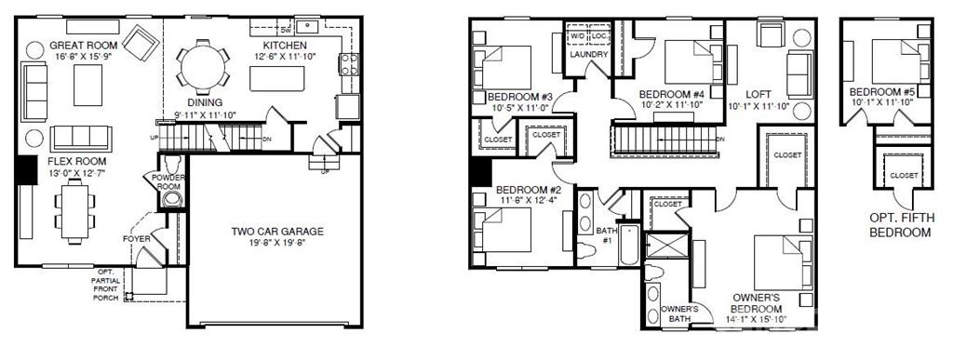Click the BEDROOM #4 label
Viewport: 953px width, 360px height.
[672, 95]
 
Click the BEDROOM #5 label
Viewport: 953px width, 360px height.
[883, 92]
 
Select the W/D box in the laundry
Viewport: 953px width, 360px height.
[578, 37]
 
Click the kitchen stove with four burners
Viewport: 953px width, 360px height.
[350, 64]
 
